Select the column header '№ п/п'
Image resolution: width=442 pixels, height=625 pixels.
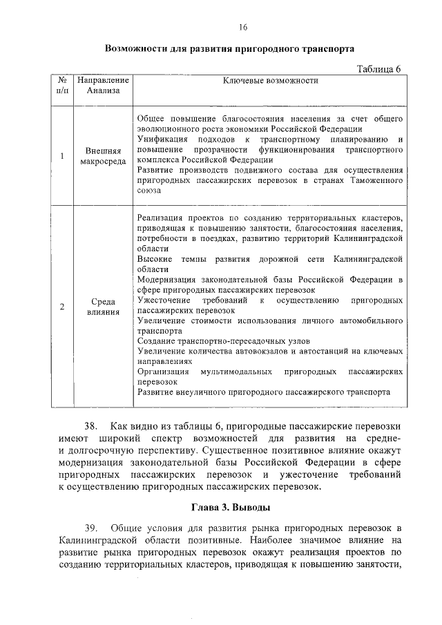pyautogui.click(x=62, y=85)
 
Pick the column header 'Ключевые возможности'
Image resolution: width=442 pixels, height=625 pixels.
pyautogui.click(x=270, y=80)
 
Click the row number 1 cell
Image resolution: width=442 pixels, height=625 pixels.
pyautogui.click(x=62, y=155)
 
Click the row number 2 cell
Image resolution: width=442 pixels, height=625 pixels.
pyautogui.click(x=62, y=307)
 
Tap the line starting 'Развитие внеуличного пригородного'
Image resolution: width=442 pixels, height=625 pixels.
pyautogui.click(x=263, y=391)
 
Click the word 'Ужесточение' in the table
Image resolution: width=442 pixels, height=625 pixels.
pyautogui.click(x=162, y=301)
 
